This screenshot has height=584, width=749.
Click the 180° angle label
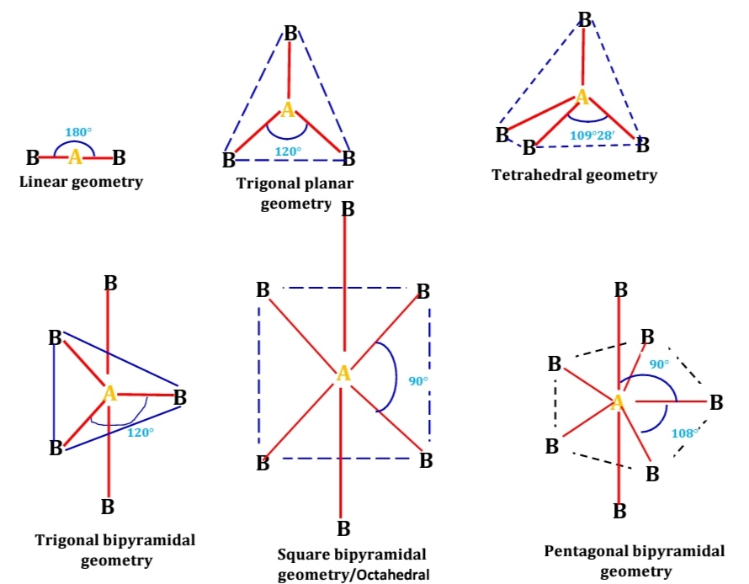coord(78,132)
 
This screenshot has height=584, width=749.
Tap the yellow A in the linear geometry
coord(75,157)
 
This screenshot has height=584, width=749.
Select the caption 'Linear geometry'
coord(81,181)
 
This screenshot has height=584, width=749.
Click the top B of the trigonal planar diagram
coord(290,34)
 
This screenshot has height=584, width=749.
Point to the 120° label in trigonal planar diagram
coord(289,151)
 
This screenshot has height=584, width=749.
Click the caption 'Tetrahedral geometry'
coord(574,175)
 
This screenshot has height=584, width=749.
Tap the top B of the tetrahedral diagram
coord(585,19)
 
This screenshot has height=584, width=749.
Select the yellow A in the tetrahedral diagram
coord(582,98)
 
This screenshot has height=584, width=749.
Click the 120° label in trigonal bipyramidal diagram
coord(141,432)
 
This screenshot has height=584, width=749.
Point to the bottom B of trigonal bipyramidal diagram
coord(108,507)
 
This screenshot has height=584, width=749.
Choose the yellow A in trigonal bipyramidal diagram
coord(109,393)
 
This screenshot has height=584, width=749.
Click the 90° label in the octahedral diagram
coord(418,381)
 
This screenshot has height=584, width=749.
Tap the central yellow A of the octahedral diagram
coord(343,374)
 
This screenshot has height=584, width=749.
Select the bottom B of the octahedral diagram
coord(343,529)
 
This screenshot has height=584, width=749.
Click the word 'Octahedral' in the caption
coord(391,575)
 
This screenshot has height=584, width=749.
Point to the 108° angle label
coord(683,433)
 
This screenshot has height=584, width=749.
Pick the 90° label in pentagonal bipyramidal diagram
coord(659,364)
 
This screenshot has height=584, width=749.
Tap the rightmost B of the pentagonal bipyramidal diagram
coord(716,402)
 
